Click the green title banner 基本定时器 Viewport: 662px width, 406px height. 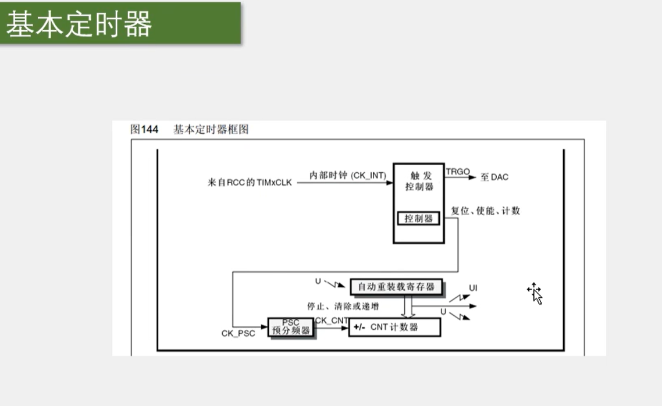click(x=120, y=23)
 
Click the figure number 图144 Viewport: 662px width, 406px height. click(x=144, y=130)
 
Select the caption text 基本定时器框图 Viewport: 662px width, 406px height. click(x=211, y=130)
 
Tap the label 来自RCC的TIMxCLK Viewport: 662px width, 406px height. click(x=250, y=183)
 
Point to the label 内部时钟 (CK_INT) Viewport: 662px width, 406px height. click(x=348, y=175)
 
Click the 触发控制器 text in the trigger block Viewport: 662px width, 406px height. click(x=419, y=181)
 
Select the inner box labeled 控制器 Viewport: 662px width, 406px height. click(x=419, y=219)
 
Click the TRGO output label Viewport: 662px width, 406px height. click(x=458, y=172)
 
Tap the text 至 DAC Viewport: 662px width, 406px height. click(x=494, y=177)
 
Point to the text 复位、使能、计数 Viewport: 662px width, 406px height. click(x=485, y=211)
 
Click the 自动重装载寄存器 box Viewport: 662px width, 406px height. click(x=396, y=287)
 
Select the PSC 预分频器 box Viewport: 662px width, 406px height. click(x=290, y=327)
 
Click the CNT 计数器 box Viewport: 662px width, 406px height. click(x=394, y=327)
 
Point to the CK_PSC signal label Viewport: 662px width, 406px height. click(x=238, y=333)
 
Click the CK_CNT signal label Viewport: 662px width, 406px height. click(x=332, y=320)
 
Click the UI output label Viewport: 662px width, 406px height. click(x=473, y=288)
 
